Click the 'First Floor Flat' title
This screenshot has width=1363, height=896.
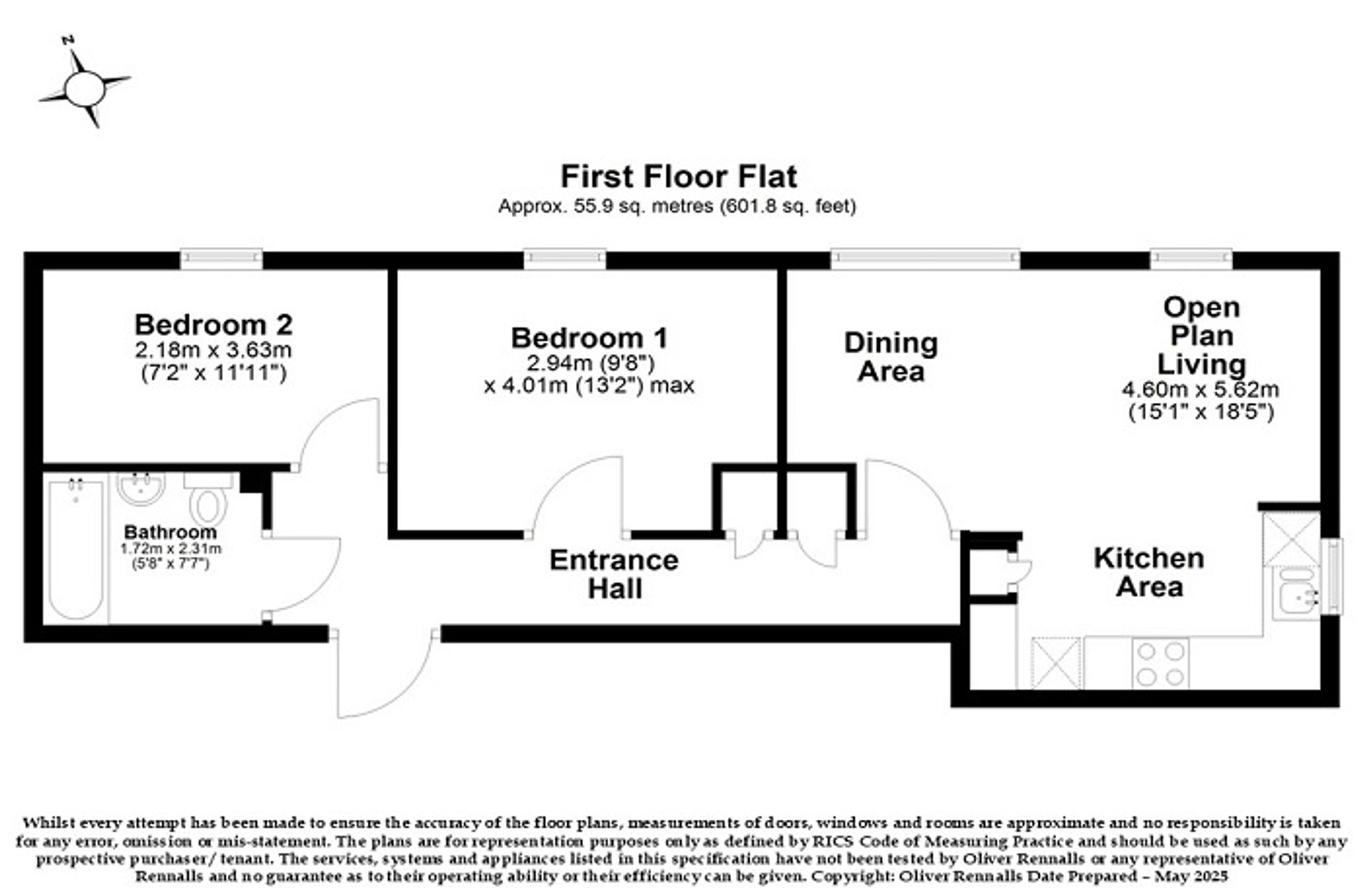[678, 177]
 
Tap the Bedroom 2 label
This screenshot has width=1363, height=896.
[214, 325]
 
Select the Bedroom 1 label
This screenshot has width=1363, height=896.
[589, 338]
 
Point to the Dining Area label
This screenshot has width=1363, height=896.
[891, 357]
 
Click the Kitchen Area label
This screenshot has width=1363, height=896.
[1149, 572]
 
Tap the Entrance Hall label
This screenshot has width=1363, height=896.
[614, 574]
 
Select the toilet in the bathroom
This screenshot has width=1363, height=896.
[209, 498]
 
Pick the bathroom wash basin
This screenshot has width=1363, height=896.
[141, 488]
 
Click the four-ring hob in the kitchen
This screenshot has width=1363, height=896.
[1160, 664]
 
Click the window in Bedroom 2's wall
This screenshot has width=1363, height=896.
[221, 259]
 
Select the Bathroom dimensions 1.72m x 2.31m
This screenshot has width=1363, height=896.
[171, 548]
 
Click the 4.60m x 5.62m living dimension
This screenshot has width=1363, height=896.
[1200, 389]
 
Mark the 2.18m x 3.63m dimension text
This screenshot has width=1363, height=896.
[214, 350]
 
